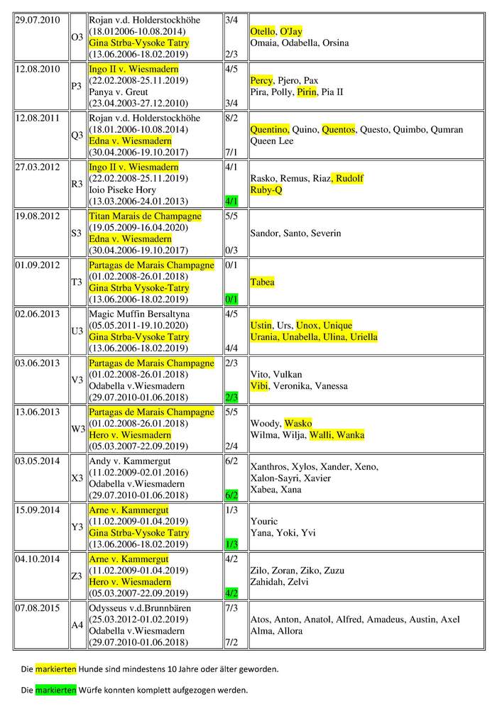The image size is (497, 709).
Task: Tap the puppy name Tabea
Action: click(263, 282)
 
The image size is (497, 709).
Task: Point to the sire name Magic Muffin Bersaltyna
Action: click(140, 314)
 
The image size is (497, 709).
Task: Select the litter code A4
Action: click(77, 625)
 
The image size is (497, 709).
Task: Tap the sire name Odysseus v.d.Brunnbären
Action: click(140, 608)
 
